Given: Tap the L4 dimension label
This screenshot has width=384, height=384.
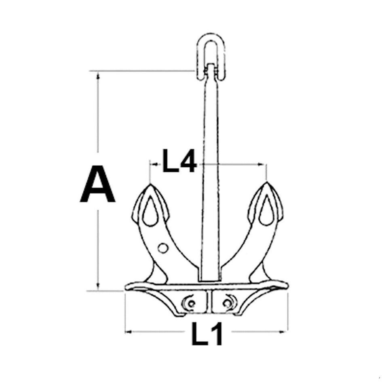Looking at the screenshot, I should click(x=179, y=161).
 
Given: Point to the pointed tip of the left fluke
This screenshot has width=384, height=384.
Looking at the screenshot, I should click(x=150, y=185).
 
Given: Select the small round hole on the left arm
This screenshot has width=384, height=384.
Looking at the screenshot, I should click(x=162, y=247).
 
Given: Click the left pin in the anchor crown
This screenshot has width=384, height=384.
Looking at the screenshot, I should click(x=190, y=301).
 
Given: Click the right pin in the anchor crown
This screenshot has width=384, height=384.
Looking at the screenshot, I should click(x=229, y=301).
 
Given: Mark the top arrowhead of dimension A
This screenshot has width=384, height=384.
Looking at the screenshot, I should click(x=97, y=75).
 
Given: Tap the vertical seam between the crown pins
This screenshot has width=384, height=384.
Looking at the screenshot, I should click(x=209, y=301).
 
